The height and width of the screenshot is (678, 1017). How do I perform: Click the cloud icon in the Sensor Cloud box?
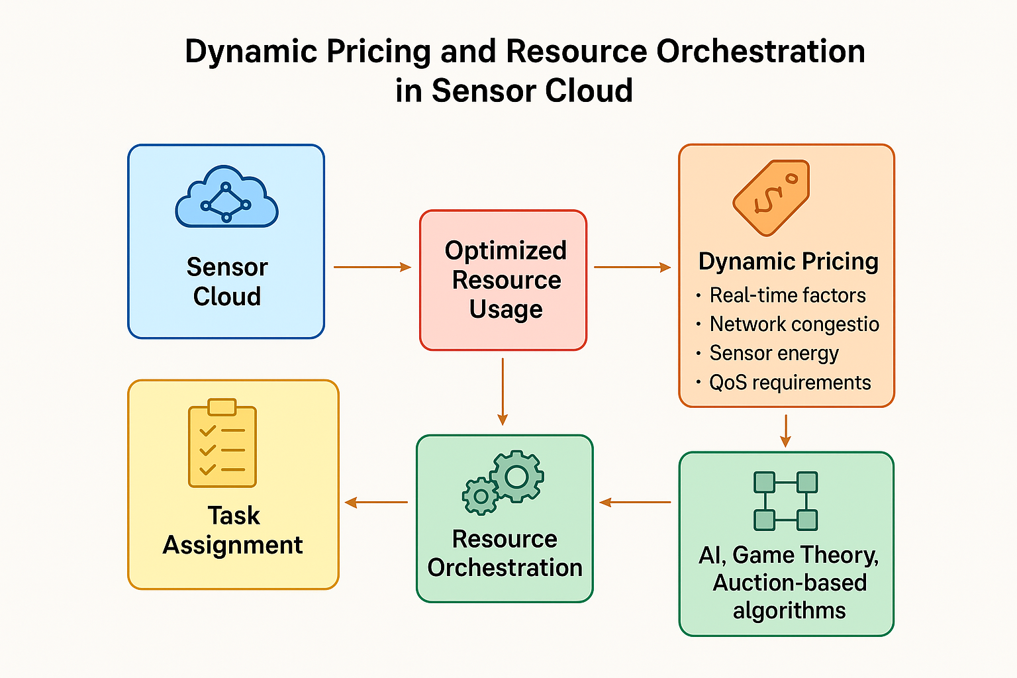click(x=226, y=196)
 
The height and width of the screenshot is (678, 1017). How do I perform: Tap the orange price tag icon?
click(x=771, y=197)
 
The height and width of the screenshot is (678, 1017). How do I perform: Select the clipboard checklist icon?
click(x=222, y=443)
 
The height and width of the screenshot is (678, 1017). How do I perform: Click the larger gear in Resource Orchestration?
click(x=516, y=476)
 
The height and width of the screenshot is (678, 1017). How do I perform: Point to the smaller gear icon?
click(x=480, y=496)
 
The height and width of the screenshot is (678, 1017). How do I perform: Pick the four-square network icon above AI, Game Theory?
click(x=786, y=501)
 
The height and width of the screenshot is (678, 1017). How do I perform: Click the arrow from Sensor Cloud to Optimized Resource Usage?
click(x=372, y=267)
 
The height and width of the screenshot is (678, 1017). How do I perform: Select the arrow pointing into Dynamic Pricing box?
click(x=632, y=267)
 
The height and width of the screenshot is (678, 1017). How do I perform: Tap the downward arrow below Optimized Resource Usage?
click(x=503, y=391)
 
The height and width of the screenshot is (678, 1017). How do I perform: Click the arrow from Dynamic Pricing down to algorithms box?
click(x=786, y=430)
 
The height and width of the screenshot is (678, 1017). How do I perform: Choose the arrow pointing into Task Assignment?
click(x=376, y=503)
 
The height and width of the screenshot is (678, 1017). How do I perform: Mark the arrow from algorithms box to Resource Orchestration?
click(x=635, y=503)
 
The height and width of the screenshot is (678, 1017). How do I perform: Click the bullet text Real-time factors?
click(x=788, y=295)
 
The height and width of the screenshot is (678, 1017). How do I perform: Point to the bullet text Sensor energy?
click(x=774, y=354)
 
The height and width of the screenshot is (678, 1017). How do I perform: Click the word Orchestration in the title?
click(x=761, y=51)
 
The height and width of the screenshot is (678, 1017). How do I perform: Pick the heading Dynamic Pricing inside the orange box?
click(x=789, y=262)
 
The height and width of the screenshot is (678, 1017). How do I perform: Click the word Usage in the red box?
click(x=506, y=309)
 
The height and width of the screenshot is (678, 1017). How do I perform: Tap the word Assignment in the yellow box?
click(x=232, y=545)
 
